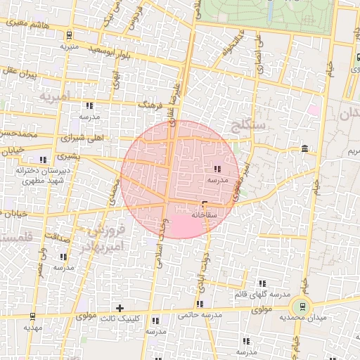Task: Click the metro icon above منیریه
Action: point(68,35)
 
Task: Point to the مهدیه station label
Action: point(33,328)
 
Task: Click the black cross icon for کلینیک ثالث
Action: point(120,307)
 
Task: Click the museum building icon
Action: point(304,148)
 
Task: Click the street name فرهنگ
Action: point(150,105)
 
